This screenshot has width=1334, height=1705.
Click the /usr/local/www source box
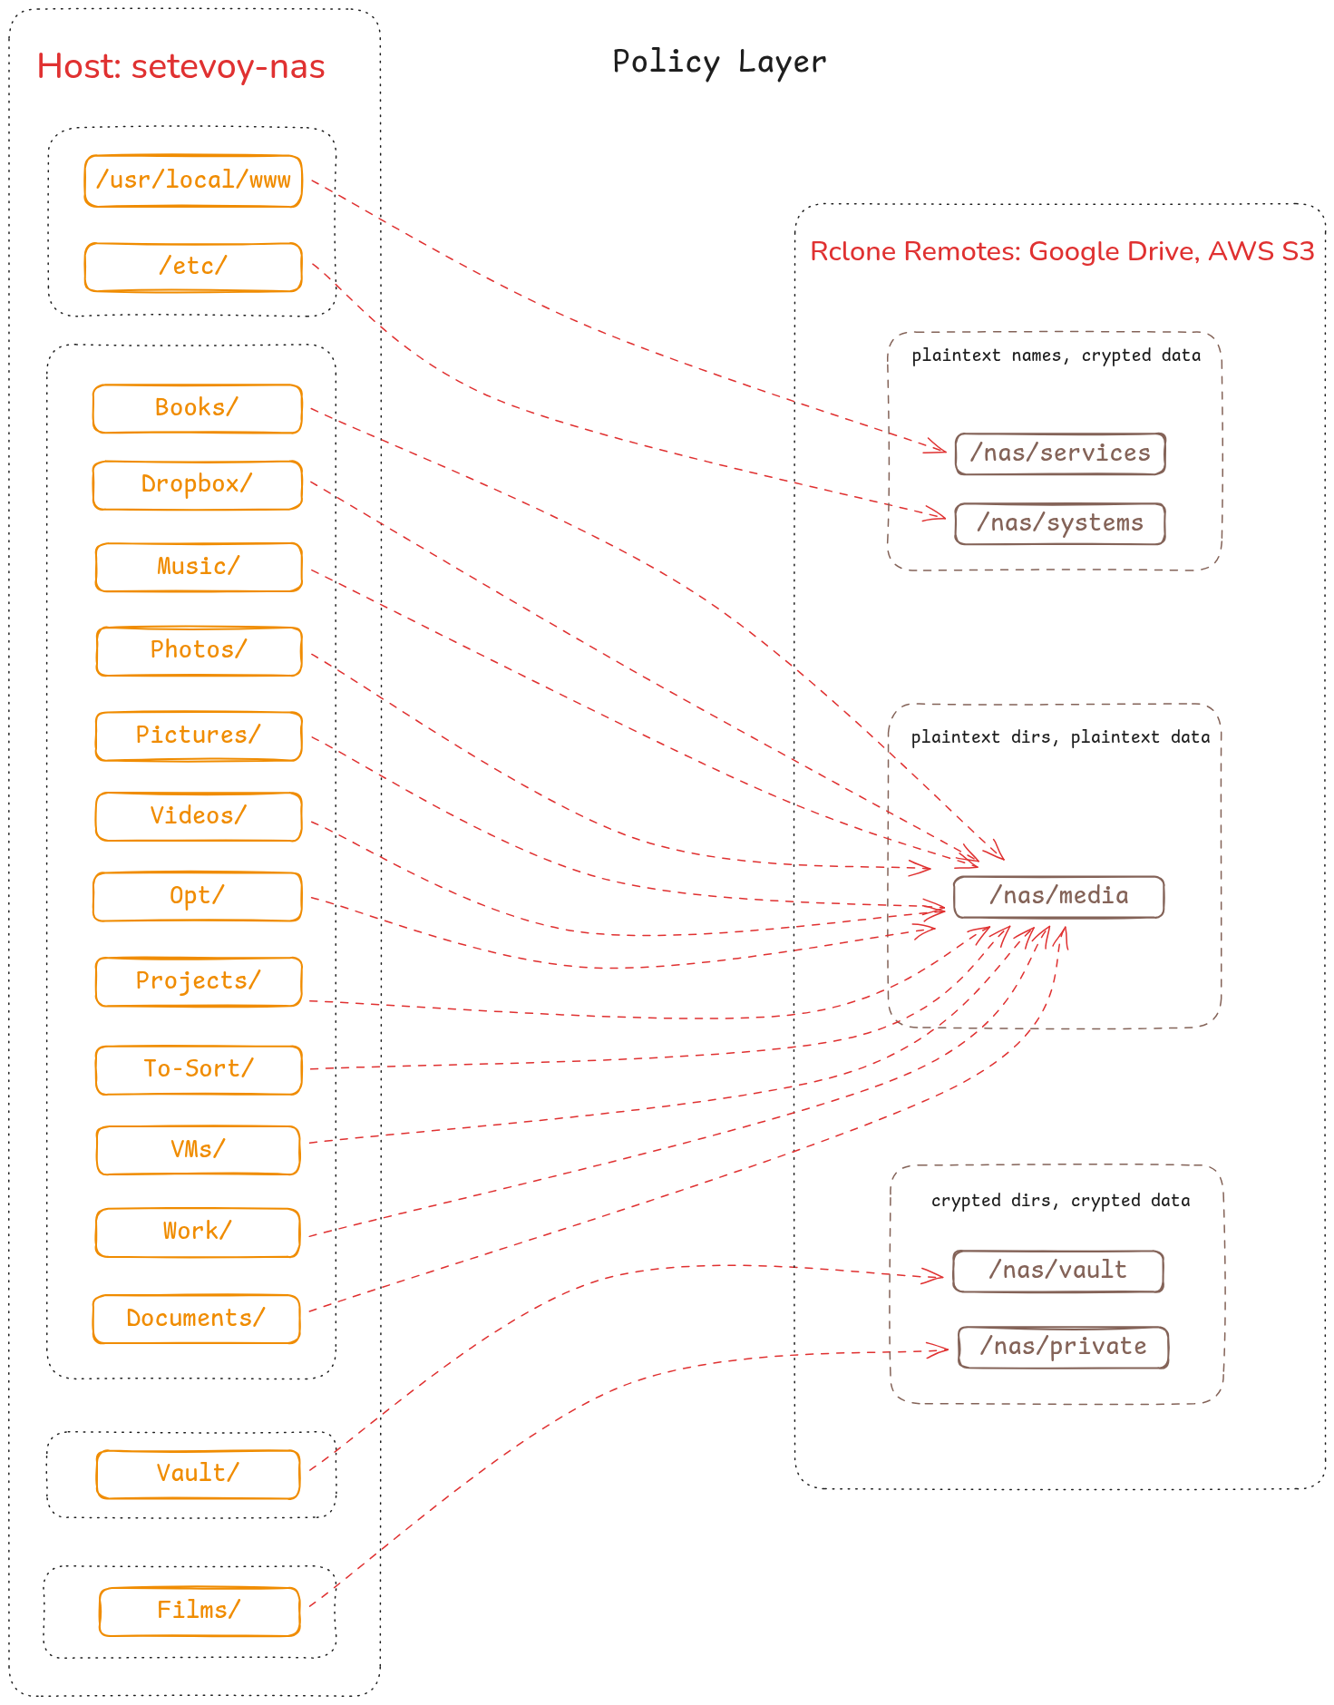click(x=193, y=180)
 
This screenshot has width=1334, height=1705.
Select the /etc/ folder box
click(x=193, y=267)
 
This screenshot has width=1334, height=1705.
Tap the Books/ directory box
click(x=197, y=408)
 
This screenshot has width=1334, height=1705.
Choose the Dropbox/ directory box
click(x=197, y=484)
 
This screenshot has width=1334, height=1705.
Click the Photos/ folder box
click(x=199, y=650)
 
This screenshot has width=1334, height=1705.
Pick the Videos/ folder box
click(x=199, y=816)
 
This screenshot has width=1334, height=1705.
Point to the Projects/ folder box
click(x=199, y=981)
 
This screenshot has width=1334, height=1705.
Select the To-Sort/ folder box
click(x=199, y=1069)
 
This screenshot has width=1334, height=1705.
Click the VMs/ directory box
click(x=198, y=1150)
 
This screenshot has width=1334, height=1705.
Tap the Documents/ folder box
click(x=196, y=1319)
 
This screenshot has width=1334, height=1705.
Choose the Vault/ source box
click(x=198, y=1474)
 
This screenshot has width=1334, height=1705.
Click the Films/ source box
click(x=199, y=1611)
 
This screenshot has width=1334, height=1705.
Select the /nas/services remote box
click(x=1059, y=453)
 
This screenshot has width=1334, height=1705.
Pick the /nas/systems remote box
click(x=1059, y=523)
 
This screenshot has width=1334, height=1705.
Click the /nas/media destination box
click(x=1058, y=896)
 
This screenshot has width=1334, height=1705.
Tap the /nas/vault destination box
click(x=1057, y=1271)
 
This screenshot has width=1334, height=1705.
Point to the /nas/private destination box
click(x=1063, y=1347)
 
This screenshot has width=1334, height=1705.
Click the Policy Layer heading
click(x=719, y=62)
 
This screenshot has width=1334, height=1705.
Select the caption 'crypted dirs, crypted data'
click(x=1060, y=1201)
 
